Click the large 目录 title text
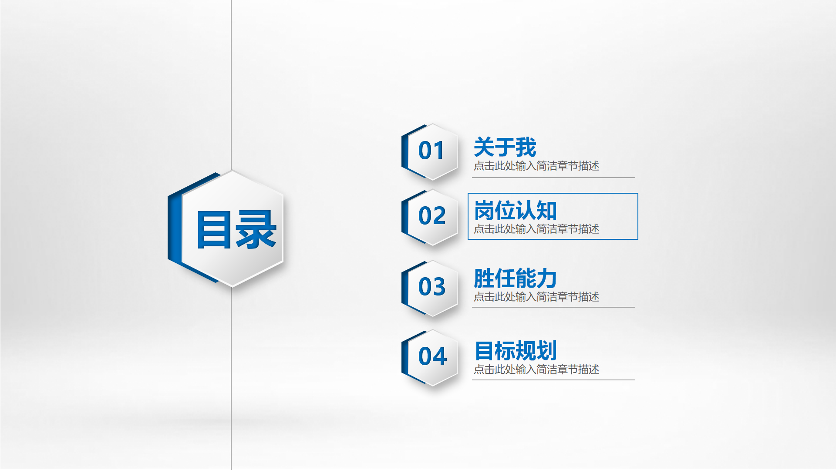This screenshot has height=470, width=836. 236,230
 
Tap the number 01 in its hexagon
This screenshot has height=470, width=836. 431,151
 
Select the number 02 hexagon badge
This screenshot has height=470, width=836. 429,217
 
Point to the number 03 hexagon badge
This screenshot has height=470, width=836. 429,288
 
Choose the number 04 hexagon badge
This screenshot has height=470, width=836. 429,358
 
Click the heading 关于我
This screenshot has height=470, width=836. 505,147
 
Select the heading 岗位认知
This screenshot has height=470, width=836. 516,211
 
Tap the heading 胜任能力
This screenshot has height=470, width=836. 516,279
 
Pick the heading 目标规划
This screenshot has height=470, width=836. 516,351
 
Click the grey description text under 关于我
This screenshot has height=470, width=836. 536,166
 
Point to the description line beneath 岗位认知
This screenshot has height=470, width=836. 536,229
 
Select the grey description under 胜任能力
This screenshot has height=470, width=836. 536,297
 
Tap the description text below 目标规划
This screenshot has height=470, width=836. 536,369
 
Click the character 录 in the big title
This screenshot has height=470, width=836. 256,230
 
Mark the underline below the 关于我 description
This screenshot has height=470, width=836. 553,178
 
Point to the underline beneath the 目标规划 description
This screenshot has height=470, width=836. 553,380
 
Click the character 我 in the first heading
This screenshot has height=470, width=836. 526,147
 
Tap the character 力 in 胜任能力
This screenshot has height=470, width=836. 547,279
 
